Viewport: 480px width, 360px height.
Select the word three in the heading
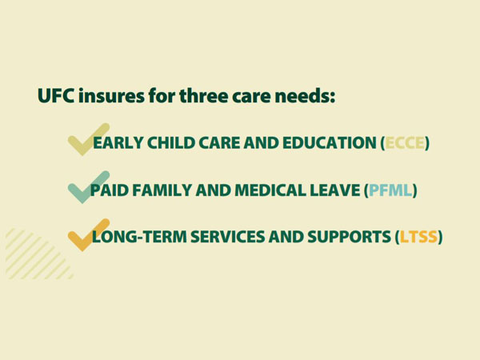[203, 95]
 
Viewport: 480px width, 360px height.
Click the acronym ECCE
[405, 143]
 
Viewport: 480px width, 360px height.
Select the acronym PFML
[390, 190]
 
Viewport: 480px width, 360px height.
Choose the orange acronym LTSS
[418, 237]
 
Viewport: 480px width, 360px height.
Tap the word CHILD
[171, 143]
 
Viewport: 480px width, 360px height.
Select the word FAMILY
[162, 190]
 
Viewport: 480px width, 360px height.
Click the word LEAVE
[335, 190]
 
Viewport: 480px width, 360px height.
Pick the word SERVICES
[228, 237]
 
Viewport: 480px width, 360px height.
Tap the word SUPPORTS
[350, 237]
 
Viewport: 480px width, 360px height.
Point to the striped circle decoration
[39, 254]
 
